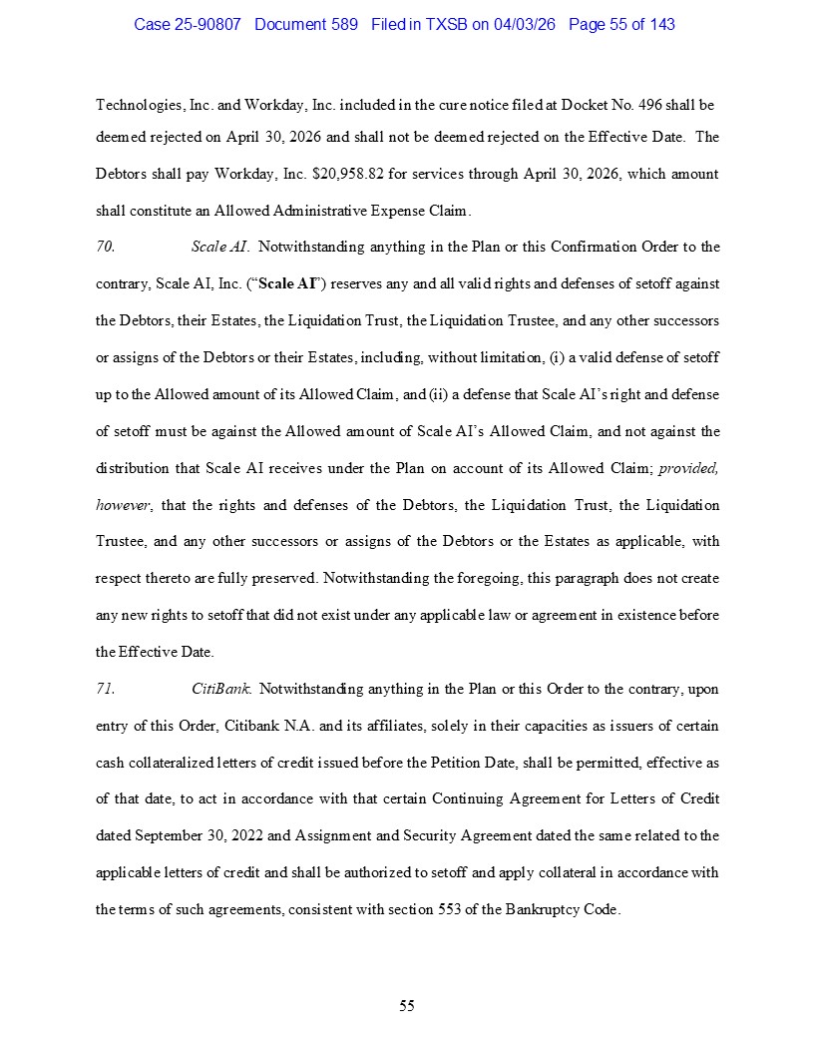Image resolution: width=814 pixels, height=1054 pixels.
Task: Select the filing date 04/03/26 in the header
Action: [526, 24]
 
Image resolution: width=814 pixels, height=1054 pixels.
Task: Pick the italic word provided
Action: [688, 468]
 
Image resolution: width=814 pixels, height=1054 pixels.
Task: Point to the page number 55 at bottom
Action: [407, 1005]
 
